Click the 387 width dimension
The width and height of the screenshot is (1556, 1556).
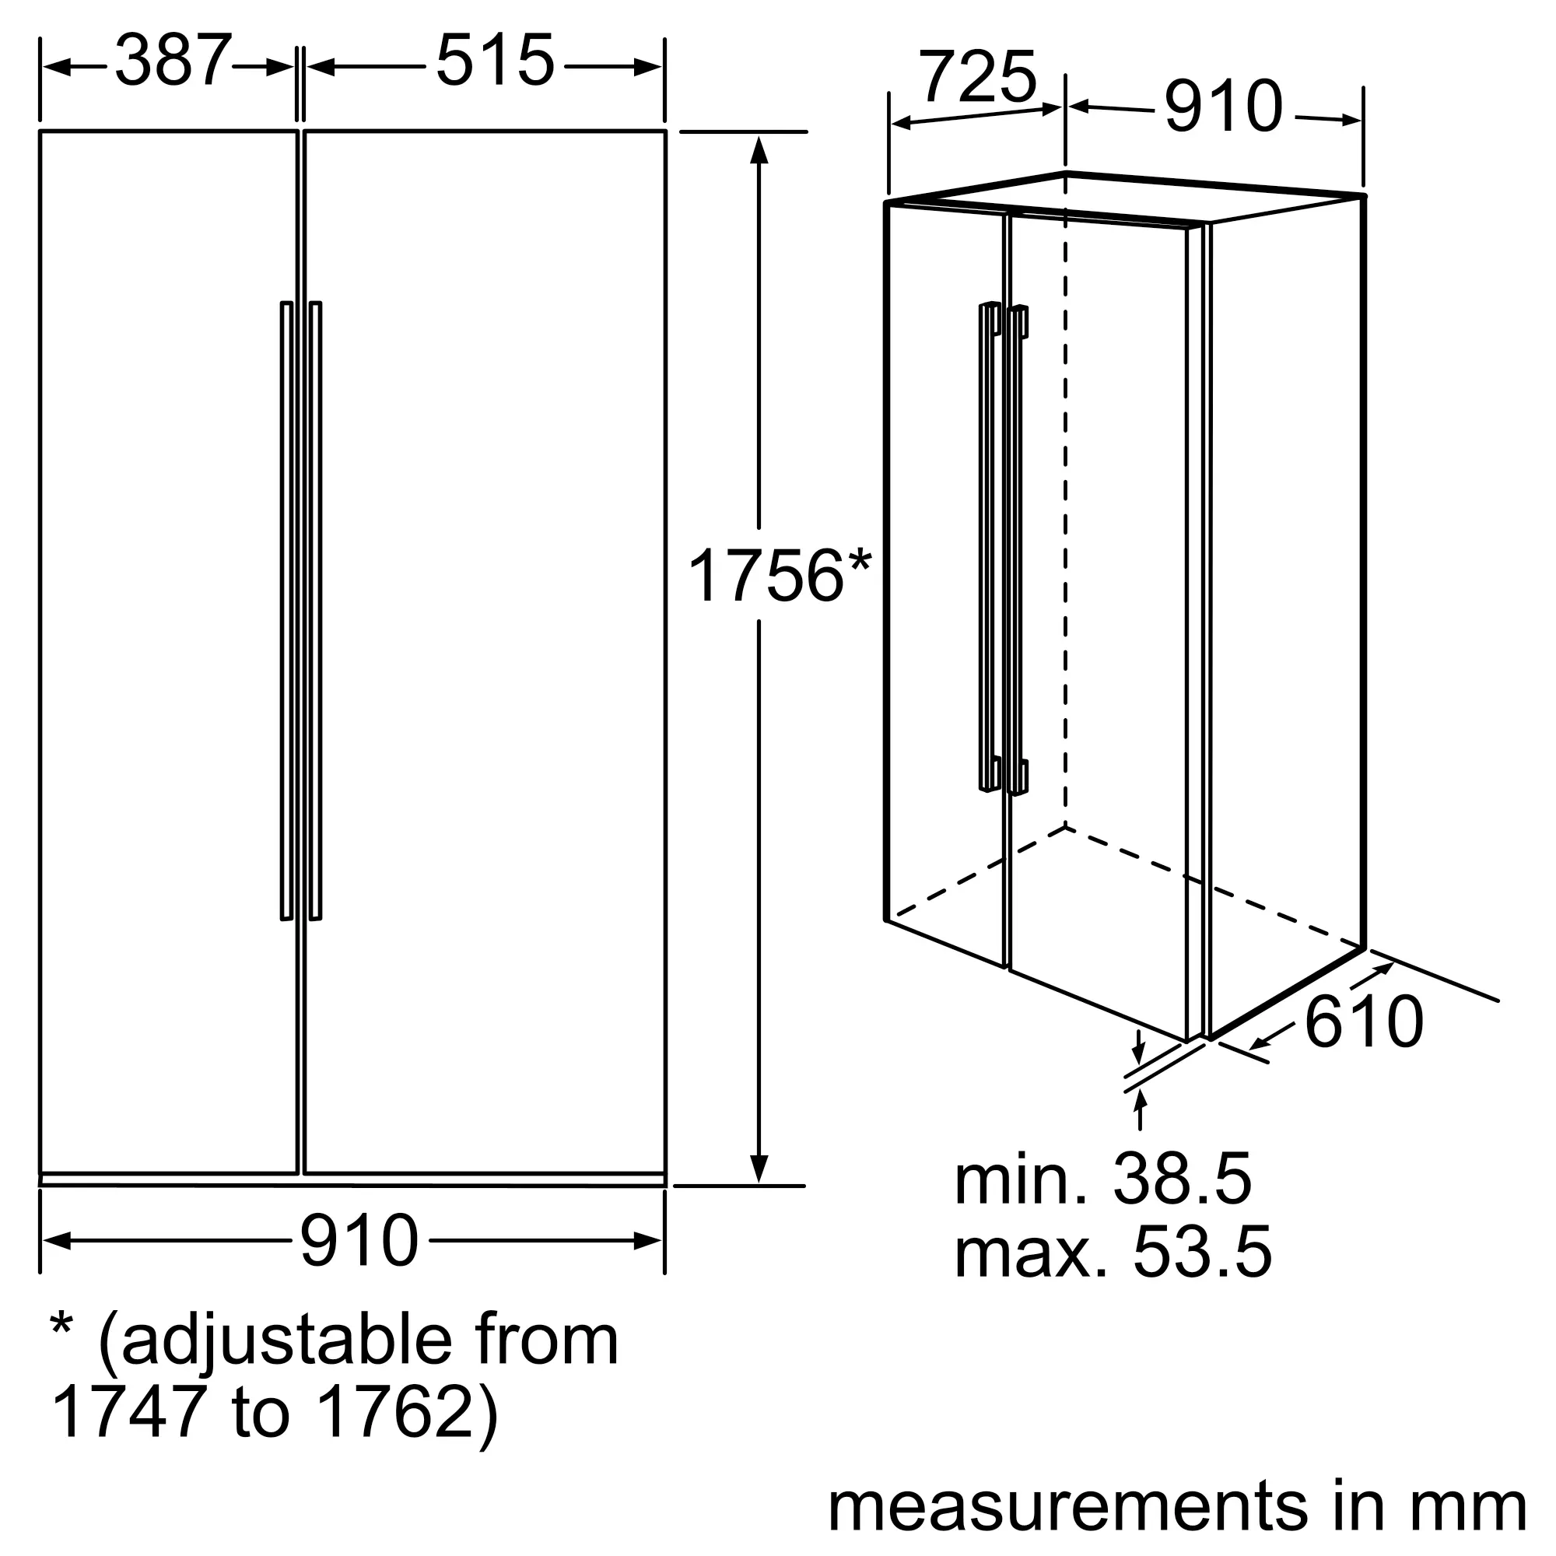pos(174,61)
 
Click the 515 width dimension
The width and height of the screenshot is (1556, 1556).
pos(496,61)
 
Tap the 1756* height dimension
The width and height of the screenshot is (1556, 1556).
pos(779,575)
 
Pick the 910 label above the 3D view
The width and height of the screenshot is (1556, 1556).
pos(1223,107)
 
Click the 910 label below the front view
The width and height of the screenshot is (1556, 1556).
pos(359,1241)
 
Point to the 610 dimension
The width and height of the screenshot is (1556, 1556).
pos(1364,1022)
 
